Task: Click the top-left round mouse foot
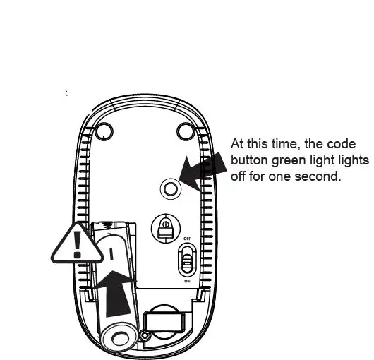104,131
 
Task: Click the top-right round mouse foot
186,131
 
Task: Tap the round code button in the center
171,189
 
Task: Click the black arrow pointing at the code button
203,170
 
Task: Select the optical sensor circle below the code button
166,229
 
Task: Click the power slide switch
187,260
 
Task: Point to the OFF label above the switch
187,239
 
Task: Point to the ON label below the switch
187,281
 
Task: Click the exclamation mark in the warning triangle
78,245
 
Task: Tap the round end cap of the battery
120,337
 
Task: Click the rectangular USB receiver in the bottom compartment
164,323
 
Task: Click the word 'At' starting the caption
237,144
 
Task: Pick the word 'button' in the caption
250,160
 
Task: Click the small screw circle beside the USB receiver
145,336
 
